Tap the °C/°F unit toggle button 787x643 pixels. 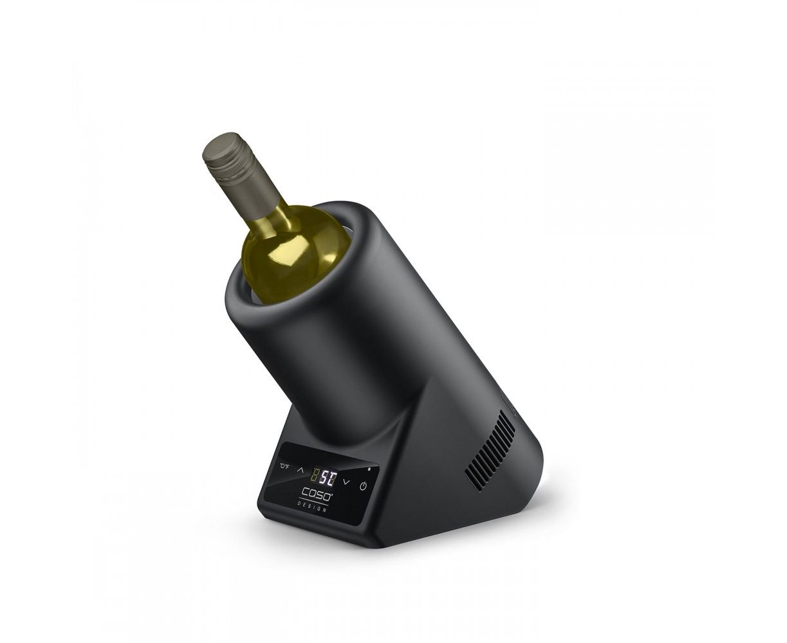click(x=284, y=466)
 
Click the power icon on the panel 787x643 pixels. click(x=364, y=486)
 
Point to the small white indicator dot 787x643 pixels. click(x=369, y=469)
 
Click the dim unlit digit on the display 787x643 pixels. click(x=316, y=474)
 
